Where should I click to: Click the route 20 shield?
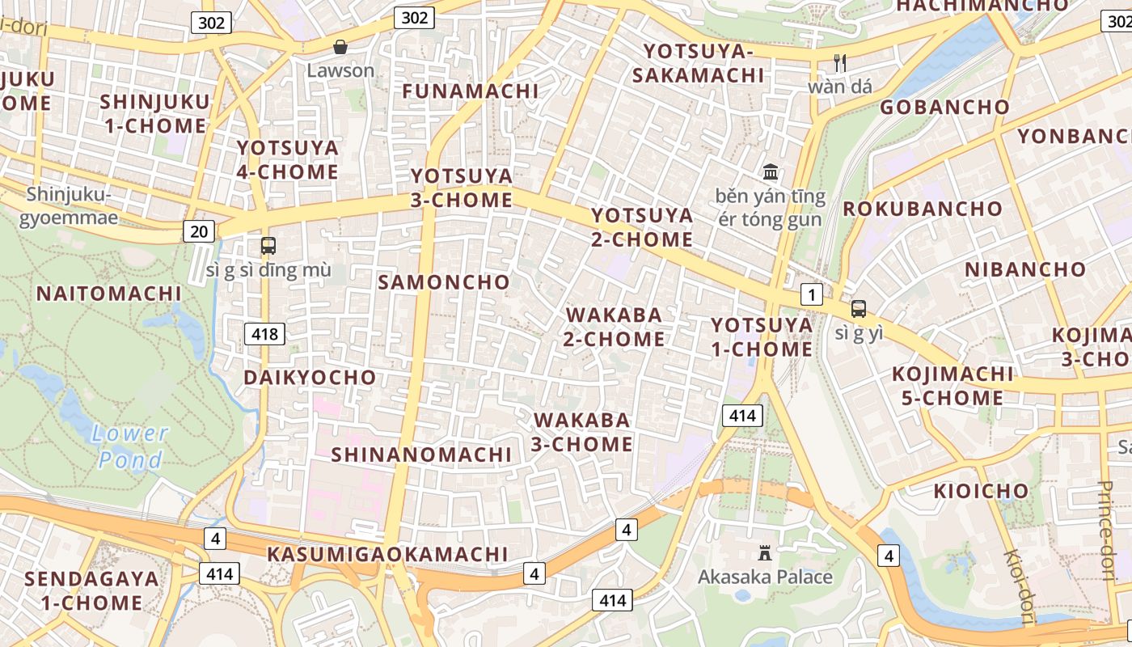199,232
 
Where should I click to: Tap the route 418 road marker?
264,333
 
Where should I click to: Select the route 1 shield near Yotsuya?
811,295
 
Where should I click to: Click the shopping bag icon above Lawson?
340,47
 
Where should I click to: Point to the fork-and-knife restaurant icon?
840,62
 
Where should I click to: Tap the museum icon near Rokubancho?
771,172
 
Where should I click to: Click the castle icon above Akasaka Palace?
764,553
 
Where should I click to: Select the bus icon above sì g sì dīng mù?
268,246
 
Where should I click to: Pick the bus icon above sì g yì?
858,309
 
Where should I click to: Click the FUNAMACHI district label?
470,91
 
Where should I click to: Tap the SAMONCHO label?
444,282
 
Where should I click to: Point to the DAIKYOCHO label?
310,378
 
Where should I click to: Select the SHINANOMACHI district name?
421,455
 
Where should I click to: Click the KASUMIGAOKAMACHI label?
387,554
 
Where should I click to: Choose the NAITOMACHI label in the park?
109,293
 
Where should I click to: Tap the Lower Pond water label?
129,446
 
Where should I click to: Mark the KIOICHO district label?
981,491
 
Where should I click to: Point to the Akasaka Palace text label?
765,577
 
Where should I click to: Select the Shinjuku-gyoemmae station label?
68,206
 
